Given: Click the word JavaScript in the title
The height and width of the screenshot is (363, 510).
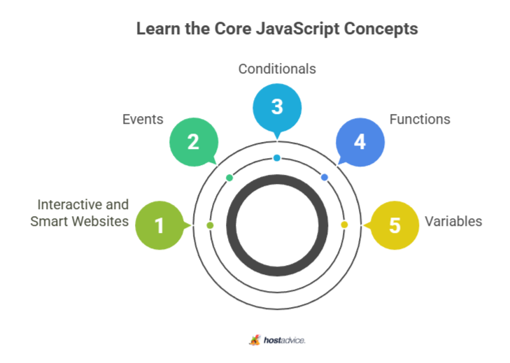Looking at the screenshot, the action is click(x=297, y=29).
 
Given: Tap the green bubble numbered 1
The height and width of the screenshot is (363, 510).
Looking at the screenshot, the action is click(x=160, y=225).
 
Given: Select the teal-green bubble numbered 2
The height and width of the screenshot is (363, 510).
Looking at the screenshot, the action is click(x=194, y=142).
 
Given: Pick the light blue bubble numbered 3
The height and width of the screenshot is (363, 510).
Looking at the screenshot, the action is click(x=277, y=108).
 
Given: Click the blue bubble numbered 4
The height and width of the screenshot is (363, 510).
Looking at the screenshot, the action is click(x=360, y=142).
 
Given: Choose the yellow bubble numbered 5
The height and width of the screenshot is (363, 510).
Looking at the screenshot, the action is click(x=394, y=225).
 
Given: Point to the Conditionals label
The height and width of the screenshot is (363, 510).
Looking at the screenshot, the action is click(x=277, y=69).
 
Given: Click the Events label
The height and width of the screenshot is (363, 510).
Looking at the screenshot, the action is click(x=143, y=120).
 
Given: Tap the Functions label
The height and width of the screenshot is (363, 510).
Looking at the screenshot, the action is click(x=420, y=120).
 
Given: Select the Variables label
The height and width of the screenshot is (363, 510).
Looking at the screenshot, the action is click(x=453, y=222).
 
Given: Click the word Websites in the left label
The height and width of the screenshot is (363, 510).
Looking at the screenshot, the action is click(x=100, y=222).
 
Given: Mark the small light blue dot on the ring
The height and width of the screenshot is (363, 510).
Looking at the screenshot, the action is click(x=277, y=158).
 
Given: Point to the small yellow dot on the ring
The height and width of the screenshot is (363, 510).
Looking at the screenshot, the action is click(x=344, y=225).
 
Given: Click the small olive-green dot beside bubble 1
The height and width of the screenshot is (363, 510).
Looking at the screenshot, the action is click(x=210, y=225).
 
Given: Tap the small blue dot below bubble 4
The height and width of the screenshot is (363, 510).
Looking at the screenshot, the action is click(x=325, y=177).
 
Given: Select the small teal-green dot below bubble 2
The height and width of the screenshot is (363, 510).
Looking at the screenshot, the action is click(x=229, y=178).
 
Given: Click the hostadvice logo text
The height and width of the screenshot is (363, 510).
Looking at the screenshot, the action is click(x=285, y=341).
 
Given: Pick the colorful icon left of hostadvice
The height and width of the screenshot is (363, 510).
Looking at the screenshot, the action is click(x=255, y=340).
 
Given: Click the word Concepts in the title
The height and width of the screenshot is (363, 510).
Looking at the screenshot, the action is click(x=381, y=29).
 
